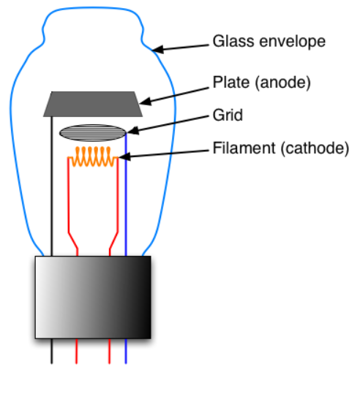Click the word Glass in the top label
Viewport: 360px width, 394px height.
pos(233,41)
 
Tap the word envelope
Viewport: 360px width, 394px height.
pos(293,42)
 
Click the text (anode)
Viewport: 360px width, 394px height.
pos(282,83)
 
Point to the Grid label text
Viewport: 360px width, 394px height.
pos(228,115)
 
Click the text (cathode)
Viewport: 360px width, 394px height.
pos(315,148)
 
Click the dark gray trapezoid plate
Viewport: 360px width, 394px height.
pos(93,104)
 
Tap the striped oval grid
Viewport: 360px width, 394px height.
pos(93,133)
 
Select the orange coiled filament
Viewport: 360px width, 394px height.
pos(93,156)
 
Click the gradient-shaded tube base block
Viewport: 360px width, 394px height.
pos(93,298)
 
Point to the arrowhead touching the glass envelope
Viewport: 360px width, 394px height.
pos(158,49)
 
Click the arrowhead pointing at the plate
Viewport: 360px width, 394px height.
pos(145,101)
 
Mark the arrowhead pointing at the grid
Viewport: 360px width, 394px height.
pos(132,130)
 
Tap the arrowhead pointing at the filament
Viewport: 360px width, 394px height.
pos(124,156)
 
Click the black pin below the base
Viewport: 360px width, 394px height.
pos(52,351)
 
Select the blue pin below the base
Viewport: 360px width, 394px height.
pos(126,351)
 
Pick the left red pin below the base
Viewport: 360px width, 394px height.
pos(77,351)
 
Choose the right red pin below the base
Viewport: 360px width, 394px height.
pos(110,351)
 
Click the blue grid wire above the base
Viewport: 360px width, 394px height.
pos(126,194)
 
